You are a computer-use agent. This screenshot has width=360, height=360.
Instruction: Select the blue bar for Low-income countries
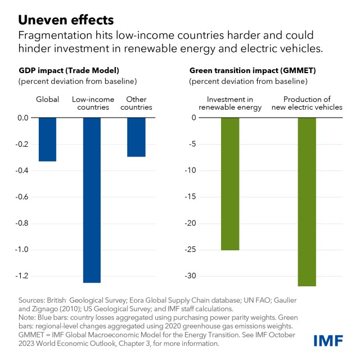pos(92,200)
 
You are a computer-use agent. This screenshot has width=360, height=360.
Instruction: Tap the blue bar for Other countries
pos(136,137)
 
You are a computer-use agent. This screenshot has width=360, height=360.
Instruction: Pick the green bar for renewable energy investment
pos(230,183)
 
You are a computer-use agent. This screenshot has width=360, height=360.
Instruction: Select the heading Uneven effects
pos(66,20)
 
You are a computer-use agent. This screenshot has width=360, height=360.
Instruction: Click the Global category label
pos(47,100)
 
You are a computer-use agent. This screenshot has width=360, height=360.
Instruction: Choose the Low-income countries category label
pos(92,103)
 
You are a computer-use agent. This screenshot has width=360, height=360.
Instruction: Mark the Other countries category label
pos(137,103)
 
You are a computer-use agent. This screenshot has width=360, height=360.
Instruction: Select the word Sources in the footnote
pos(31,300)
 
